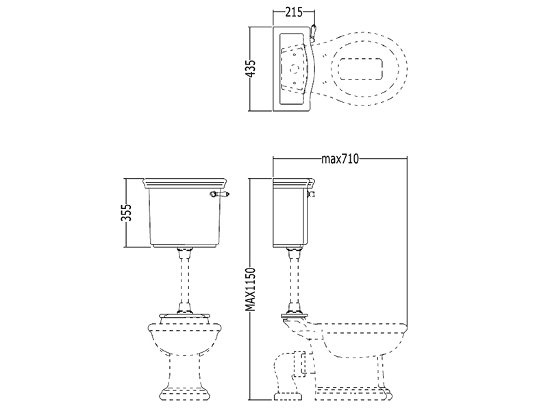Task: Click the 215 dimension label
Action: point(294,12)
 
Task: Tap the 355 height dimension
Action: point(126,212)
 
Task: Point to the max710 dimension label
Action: point(340,159)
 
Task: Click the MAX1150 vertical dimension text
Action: point(250,289)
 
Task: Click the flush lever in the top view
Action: point(314,32)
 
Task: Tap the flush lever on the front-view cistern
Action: point(219,194)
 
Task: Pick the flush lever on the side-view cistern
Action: point(312,194)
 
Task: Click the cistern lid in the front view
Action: point(185,183)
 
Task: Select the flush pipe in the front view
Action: point(185,279)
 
